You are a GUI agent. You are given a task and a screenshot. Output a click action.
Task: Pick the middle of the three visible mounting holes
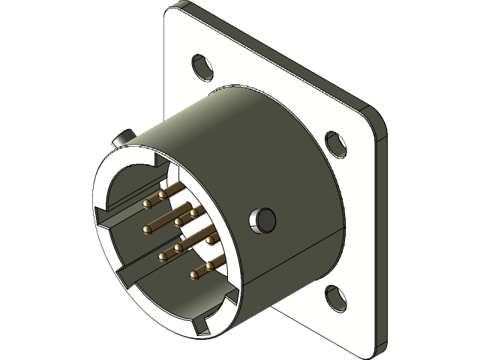tap(333, 142)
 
